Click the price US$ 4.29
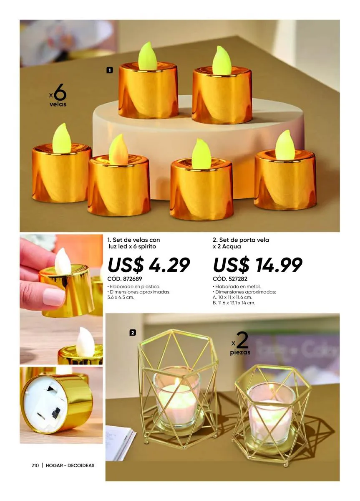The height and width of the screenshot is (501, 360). coord(149,265)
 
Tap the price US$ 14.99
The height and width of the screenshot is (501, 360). coord(258,265)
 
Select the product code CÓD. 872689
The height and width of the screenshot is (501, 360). coord(125,279)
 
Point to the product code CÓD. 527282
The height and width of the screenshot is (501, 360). coord(230,279)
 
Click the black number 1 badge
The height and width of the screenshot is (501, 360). coord(109,70)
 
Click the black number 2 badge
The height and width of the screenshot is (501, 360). coord(133,333)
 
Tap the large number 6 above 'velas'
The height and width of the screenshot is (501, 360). coord(60,92)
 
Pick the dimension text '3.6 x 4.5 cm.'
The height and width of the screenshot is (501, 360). coord(121,297)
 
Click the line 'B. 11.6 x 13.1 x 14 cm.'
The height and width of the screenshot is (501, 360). coord(234,303)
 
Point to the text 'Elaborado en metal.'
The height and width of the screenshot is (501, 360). coord(237,286)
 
